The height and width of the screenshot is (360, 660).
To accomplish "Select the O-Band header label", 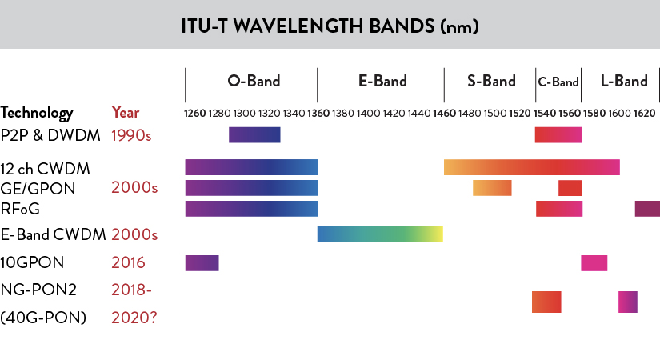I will click(254, 81).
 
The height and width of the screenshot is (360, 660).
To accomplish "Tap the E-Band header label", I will click(382, 81).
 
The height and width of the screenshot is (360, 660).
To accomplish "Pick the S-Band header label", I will click(491, 81).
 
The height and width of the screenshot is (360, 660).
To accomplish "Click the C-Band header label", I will click(558, 82).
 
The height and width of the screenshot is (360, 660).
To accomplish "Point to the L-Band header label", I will click(623, 81).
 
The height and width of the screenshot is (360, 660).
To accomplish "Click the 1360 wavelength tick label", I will click(318, 114).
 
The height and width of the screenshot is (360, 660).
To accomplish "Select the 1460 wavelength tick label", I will click(444, 114).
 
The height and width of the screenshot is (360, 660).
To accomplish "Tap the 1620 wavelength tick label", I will click(645, 114).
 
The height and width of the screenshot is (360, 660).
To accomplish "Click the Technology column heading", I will click(37, 113).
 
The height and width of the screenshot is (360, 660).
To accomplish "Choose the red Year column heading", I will click(126, 113).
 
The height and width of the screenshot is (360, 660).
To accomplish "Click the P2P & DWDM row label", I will click(50, 134).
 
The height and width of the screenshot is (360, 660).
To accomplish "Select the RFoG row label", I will click(20, 208).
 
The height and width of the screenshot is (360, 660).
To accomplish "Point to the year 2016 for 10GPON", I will click(128, 262).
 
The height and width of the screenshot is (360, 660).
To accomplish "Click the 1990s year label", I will click(134, 134).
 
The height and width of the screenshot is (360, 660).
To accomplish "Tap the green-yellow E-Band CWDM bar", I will click(380, 234).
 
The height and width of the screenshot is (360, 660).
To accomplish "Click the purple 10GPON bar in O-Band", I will click(202, 262).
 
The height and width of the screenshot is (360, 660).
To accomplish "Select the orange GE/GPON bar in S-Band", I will click(492, 188).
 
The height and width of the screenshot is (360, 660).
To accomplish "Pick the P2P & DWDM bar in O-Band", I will click(254, 135).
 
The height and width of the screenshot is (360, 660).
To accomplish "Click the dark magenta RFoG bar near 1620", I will click(647, 209).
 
